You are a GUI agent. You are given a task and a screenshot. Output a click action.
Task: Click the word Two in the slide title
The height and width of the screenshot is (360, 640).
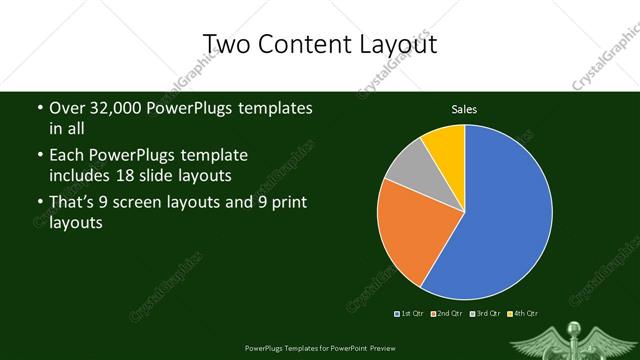(x=225, y=44)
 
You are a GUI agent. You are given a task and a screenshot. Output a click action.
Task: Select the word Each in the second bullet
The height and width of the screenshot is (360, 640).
(x=66, y=156)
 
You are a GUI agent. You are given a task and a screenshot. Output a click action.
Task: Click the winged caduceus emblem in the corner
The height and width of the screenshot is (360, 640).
(x=574, y=338)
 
